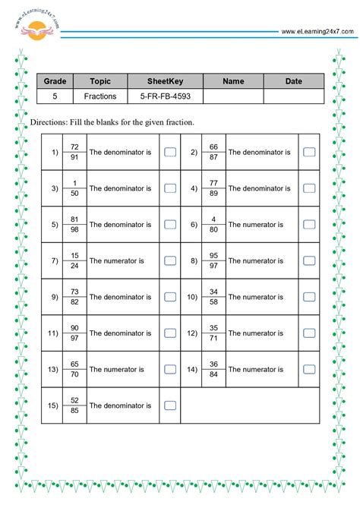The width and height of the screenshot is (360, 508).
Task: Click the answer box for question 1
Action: [x=170, y=152]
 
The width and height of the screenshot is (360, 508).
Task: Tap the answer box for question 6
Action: [x=309, y=225]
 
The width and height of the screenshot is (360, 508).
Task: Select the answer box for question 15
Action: [x=170, y=405]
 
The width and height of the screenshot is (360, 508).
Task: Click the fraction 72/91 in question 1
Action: [x=74, y=152]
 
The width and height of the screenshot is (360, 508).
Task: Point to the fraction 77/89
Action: [x=213, y=188]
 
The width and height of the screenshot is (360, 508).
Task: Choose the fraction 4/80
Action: [x=213, y=225]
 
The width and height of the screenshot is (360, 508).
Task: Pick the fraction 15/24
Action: [x=74, y=260]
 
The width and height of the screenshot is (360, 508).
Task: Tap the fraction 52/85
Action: [x=74, y=405]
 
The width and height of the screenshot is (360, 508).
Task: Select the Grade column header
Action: [x=55, y=81]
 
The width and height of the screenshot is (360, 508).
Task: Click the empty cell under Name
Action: [x=233, y=97]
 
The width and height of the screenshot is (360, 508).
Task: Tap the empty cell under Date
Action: [x=293, y=97]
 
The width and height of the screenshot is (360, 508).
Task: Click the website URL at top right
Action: [x=317, y=31]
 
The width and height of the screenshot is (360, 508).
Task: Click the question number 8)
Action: [x=194, y=260]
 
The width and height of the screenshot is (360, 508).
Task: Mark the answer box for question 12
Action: [x=309, y=333]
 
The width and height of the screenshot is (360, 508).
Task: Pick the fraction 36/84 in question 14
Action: [x=213, y=369]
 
